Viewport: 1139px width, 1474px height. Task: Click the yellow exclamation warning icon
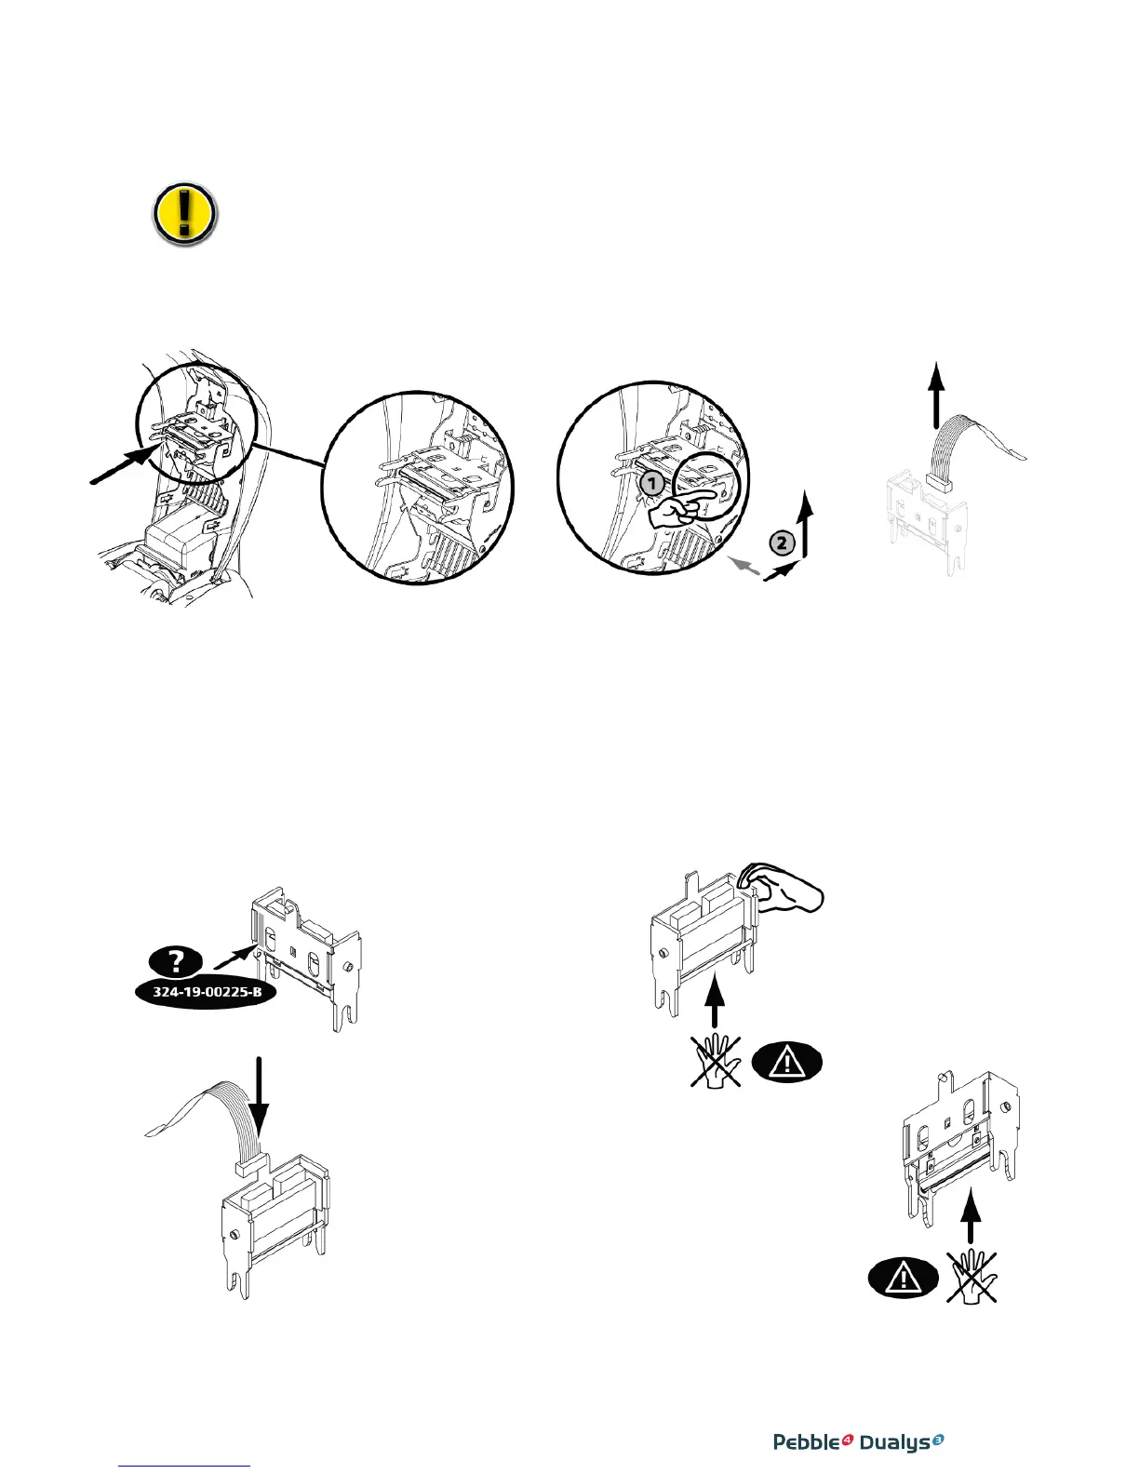coord(184,214)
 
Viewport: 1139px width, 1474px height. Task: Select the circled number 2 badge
coord(784,543)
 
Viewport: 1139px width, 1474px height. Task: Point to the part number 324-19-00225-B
coord(208,992)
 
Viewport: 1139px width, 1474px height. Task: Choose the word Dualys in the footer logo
coord(894,1442)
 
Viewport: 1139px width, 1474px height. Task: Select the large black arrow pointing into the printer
coord(124,464)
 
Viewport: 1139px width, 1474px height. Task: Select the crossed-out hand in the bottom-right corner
coord(971,1276)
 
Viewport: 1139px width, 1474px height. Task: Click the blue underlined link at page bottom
coord(185,1466)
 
